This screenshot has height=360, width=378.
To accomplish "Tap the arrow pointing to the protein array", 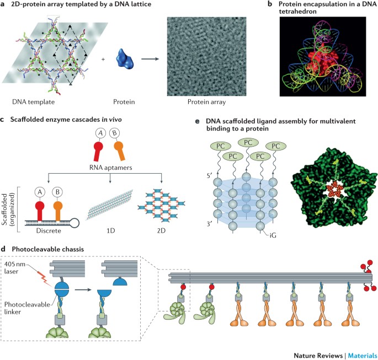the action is pyautogui.click(x=150, y=59).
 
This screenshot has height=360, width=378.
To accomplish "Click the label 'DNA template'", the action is pyautogui.click(x=34, y=102).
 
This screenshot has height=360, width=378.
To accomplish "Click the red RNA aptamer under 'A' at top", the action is pyautogui.click(x=98, y=151).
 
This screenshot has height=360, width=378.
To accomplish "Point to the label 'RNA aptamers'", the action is pyautogui.click(x=111, y=168).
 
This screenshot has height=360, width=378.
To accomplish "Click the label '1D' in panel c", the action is pyautogui.click(x=111, y=230).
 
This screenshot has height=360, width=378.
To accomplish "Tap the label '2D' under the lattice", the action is pyautogui.click(x=161, y=230).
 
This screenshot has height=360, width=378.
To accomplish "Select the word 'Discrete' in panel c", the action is pyautogui.click(x=49, y=230).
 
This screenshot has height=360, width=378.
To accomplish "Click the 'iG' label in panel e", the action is pyautogui.click(x=273, y=235).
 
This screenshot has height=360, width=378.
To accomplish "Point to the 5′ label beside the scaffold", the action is pyautogui.click(x=209, y=175).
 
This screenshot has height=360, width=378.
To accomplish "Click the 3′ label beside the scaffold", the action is pyautogui.click(x=209, y=224).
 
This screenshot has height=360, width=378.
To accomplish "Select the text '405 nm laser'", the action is pyautogui.click(x=15, y=267).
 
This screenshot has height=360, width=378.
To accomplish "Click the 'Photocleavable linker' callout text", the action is pyautogui.click(x=27, y=308).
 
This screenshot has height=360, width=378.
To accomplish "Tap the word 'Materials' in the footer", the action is pyautogui.click(x=363, y=356).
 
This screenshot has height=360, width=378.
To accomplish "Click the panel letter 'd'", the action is pyautogui.click(x=3, y=249).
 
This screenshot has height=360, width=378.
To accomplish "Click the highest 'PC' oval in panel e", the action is pyautogui.click(x=248, y=142).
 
